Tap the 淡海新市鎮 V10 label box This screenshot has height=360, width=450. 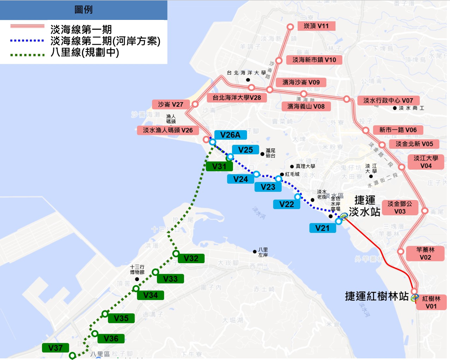coord(314,60)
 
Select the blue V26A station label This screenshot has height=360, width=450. coord(230,134)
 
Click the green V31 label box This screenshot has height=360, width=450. coord(219,166)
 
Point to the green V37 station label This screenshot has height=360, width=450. coord(55,348)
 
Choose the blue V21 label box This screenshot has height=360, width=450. coord(322,228)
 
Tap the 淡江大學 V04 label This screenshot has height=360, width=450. coord(426,162)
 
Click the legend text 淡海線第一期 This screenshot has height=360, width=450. coord(81,29)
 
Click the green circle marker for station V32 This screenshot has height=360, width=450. coord(176,254)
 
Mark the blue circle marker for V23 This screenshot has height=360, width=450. coord(279,179)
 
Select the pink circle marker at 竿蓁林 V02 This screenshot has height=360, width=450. coord(401,251)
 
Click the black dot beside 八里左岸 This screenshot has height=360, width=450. coord(255,251)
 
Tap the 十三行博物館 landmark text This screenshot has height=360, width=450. coord(136,269)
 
